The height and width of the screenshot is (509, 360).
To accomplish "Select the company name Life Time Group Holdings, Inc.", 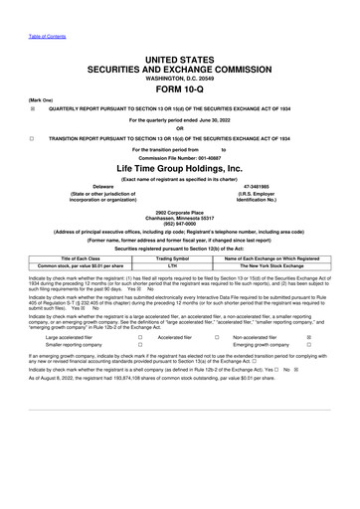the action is click(180, 169).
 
